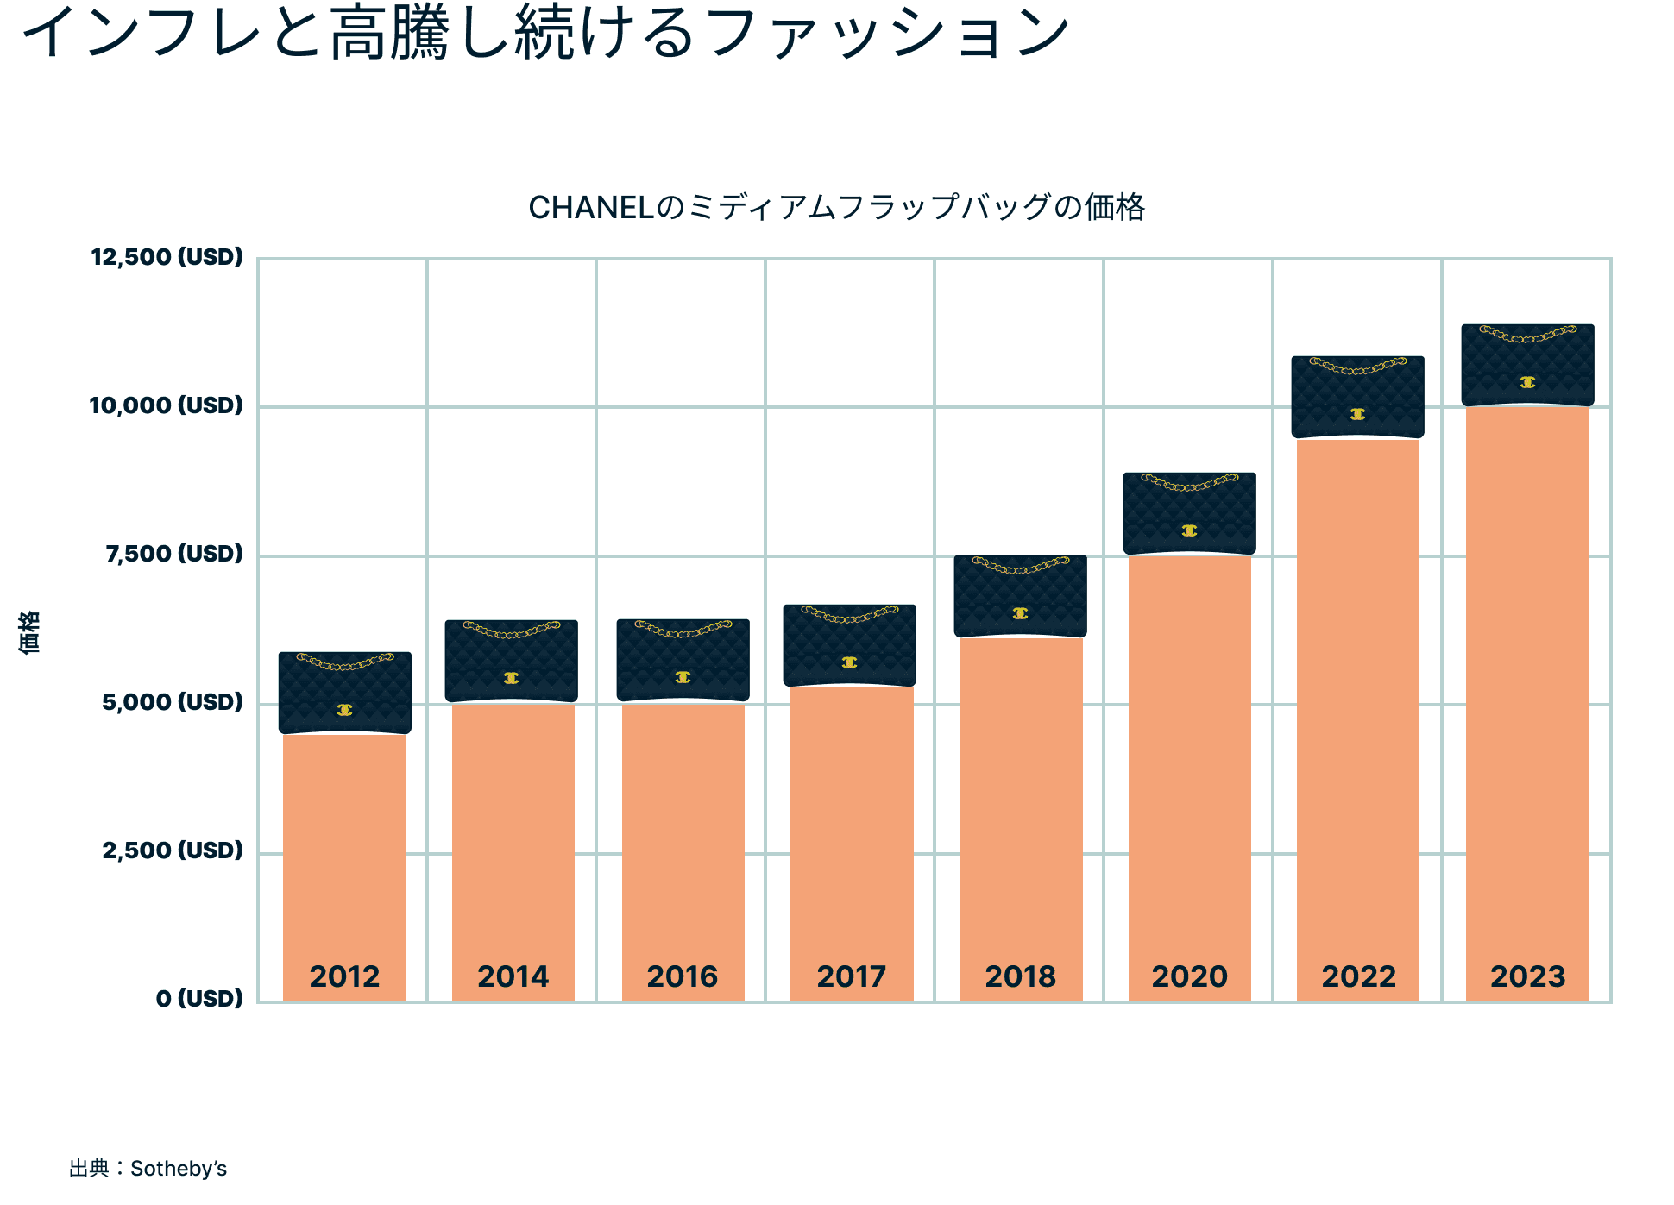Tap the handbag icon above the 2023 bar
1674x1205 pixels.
pos(1527,366)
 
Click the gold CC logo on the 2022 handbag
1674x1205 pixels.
pos(1357,415)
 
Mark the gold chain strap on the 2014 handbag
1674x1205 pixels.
pos(512,631)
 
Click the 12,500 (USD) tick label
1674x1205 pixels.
pos(167,257)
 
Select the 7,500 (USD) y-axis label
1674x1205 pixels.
pos(174,554)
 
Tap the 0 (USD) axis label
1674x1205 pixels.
pos(199,999)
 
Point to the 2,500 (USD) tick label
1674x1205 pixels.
pos(173,850)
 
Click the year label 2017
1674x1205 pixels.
pos(851,976)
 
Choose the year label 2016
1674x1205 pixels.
pos(682,976)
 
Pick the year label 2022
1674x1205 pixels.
pos(1358,976)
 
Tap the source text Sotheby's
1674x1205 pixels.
pos(179,1169)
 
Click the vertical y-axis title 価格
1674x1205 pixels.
pos(28,632)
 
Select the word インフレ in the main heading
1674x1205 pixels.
pos(142,33)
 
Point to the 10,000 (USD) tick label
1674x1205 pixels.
pos(167,405)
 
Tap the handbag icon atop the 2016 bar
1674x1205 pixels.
pos(683,661)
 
